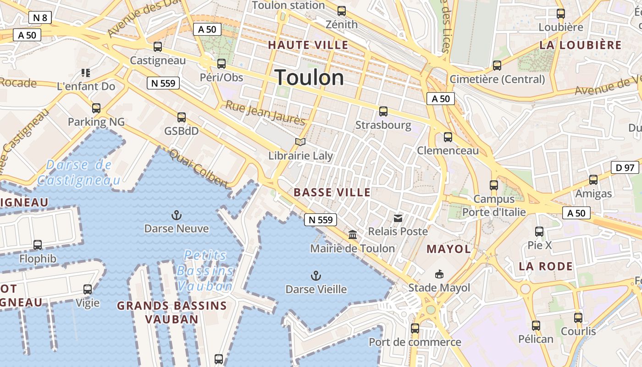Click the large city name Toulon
click(310, 78)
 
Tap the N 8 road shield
click(40, 18)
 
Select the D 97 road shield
click(625, 167)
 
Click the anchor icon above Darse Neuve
click(177, 215)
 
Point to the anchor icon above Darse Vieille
click(315, 276)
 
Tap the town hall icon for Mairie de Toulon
click(353, 235)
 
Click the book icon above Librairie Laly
click(300, 142)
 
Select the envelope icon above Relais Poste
click(398, 218)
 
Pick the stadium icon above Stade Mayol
click(439, 274)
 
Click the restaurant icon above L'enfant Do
click(86, 72)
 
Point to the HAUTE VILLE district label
click(308, 45)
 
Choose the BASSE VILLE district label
click(332, 192)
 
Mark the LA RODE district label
click(546, 267)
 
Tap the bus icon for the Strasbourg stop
click(383, 111)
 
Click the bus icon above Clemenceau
click(448, 137)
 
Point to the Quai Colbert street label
click(199, 168)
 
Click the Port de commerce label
click(415, 342)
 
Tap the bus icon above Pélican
click(536, 326)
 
